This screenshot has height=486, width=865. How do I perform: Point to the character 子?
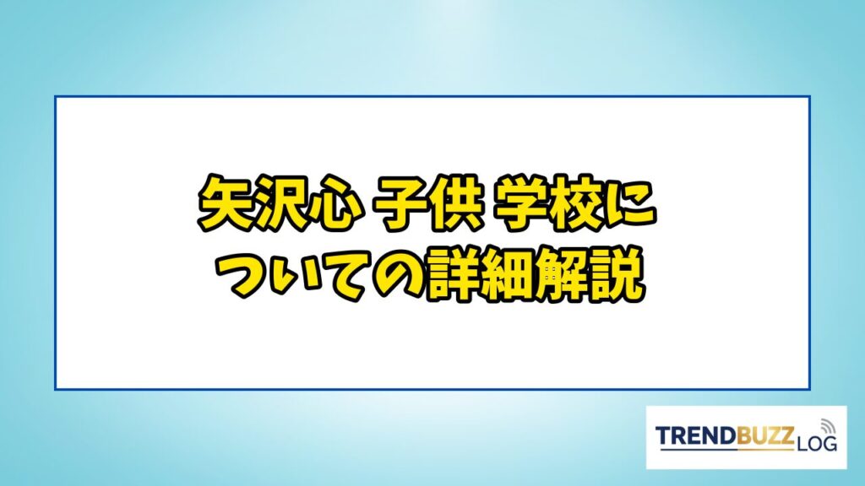[x=399, y=202]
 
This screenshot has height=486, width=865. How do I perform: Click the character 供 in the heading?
[x=453, y=202]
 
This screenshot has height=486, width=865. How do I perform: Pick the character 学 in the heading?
[x=520, y=202]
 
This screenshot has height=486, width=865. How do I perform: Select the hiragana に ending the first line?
[x=628, y=204]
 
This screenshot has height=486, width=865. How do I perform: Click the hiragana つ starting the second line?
[x=243, y=275]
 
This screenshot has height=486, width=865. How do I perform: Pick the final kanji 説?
[x=616, y=274]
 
